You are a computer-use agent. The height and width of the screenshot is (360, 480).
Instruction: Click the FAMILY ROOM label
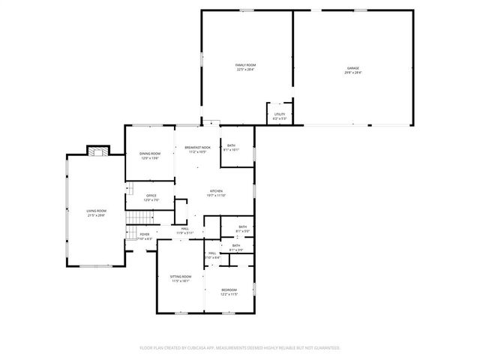click(245, 65)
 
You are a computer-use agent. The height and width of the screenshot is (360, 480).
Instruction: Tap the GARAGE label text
click(352, 68)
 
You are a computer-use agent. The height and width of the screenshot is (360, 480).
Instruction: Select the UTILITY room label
click(279, 115)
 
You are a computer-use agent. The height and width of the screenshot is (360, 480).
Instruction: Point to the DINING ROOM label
click(150, 154)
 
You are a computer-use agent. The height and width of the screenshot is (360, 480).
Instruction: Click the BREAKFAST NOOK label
click(197, 148)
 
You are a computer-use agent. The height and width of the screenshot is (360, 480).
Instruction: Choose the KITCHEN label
click(216, 191)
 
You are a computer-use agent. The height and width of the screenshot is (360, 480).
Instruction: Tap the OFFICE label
click(151, 196)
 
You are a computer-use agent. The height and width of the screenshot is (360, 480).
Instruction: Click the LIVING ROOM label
click(96, 211)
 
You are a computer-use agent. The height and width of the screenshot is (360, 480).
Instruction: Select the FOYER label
click(144, 234)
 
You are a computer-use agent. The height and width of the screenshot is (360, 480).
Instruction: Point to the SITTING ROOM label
click(181, 277)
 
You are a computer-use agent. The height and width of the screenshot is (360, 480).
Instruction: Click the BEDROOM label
click(229, 290)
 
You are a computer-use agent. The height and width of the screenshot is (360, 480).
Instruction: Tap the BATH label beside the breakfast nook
click(232, 145)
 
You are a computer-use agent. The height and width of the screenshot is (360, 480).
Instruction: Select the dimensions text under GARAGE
click(352, 73)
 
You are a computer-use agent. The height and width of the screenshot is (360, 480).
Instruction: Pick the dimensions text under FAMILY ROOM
click(245, 70)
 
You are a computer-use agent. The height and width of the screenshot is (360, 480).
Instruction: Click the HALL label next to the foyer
click(184, 229)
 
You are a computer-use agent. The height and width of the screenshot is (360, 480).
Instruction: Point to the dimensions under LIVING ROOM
click(96, 215)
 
